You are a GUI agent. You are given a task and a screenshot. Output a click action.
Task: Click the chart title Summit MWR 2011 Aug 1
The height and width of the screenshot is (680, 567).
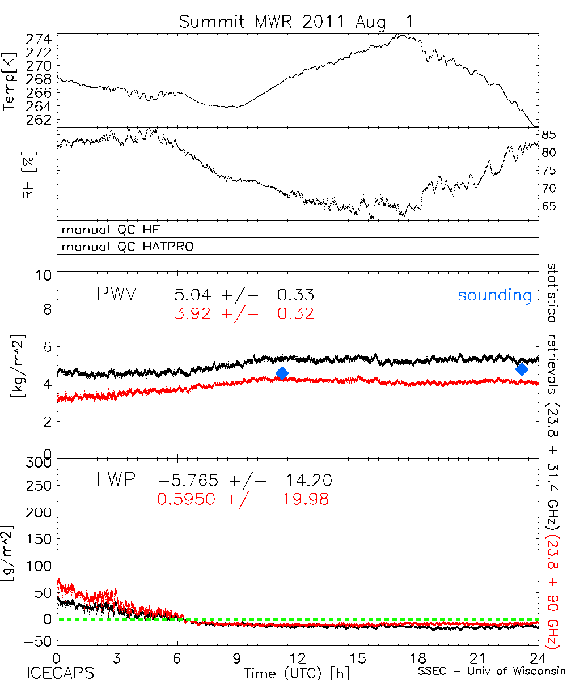coord(297,22)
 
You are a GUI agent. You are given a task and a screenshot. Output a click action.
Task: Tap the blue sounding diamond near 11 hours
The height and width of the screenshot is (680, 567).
coord(282,372)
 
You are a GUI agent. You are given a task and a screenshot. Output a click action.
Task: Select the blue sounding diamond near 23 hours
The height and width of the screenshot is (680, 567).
coord(522,369)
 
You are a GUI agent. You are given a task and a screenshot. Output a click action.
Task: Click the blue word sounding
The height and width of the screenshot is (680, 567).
coord(494,295)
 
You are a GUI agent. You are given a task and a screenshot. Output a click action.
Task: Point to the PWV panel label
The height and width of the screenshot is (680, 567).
coord(119,295)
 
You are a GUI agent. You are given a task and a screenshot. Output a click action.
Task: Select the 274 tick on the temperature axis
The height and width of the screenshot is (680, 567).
coord(39,40)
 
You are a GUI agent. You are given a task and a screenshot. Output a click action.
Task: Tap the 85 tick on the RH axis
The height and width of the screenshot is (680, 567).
coord(548,135)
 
